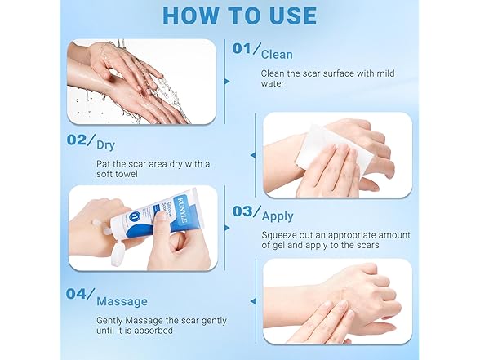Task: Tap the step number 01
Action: [243, 49]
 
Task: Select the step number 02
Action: [81, 140]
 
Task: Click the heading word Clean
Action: [277, 54]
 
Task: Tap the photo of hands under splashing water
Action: [142, 82]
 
